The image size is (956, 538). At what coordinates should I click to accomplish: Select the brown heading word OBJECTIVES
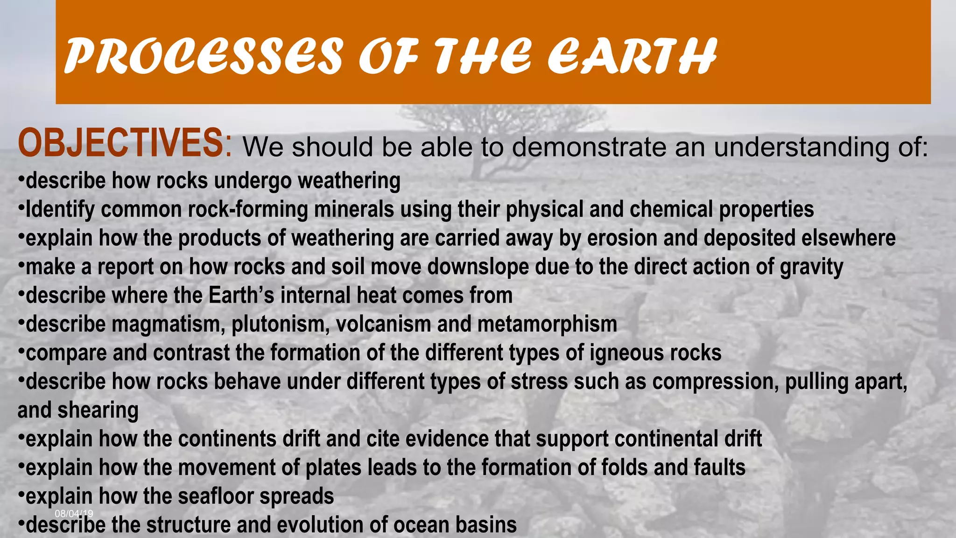pos(120,143)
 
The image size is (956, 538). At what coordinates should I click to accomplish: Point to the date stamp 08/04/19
pos(74,514)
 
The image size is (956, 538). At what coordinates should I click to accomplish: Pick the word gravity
pos(811,267)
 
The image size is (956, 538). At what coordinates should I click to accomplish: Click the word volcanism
pos(383,324)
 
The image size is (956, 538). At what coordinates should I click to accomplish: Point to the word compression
pos(715,382)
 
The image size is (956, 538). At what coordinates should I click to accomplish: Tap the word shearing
pos(98,411)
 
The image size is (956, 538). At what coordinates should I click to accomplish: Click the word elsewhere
pos(848,238)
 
